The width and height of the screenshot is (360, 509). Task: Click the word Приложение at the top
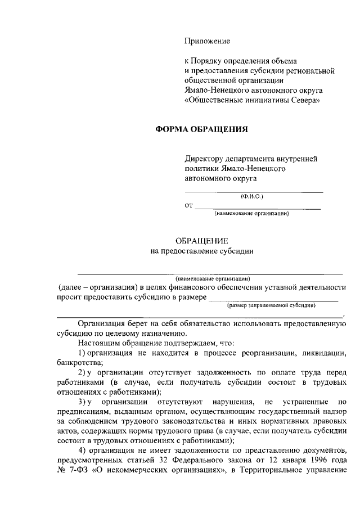click(208, 41)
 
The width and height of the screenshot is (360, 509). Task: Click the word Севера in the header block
click(305, 101)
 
